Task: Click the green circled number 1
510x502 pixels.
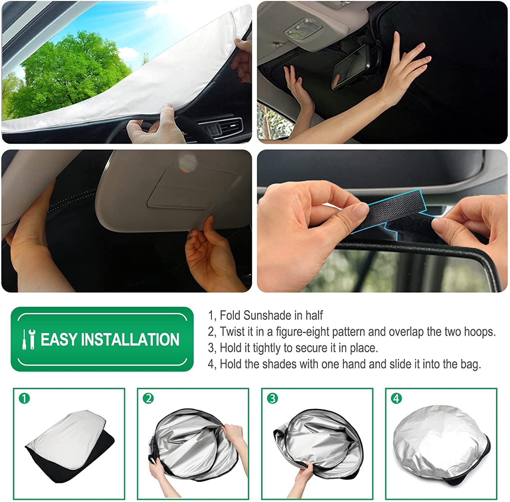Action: coord(24,398)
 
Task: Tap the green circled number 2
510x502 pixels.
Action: coord(149,398)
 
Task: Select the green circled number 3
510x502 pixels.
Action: coord(273,398)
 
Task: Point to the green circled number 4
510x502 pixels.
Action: coord(396,398)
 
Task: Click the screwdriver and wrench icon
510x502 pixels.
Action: coord(29,339)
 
